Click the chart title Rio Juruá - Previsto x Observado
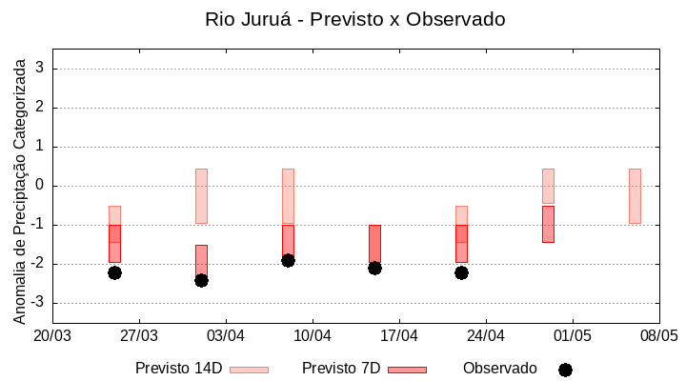[354, 19]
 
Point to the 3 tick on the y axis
[40, 69]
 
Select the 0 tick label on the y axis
[40, 186]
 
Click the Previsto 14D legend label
[178, 369]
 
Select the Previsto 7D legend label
[340, 369]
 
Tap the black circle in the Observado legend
[565, 370]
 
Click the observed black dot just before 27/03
[114, 272]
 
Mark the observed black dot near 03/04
[201, 280]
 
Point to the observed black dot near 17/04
[374, 268]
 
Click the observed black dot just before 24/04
[461, 272]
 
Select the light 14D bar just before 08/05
[635, 196]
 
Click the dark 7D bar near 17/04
[374, 244]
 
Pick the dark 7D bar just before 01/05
[548, 224]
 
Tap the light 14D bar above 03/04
[201, 196]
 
